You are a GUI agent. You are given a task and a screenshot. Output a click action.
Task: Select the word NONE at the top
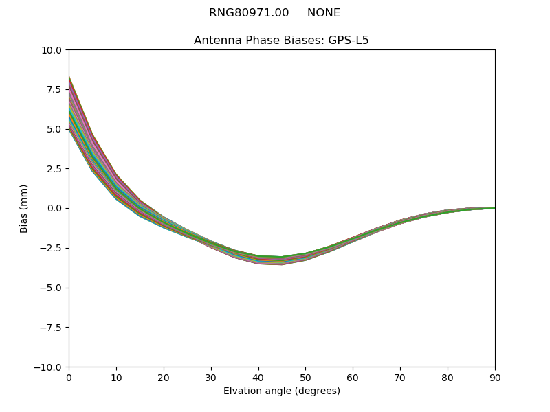324,13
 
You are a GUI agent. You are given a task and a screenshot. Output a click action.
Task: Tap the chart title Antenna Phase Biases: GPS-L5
281,41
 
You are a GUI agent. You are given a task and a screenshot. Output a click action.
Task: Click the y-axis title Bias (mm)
24,208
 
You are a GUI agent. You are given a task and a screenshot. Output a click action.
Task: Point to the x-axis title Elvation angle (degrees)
281,391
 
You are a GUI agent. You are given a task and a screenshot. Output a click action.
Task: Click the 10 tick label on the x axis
116,378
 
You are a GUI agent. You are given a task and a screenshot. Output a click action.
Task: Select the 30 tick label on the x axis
211,378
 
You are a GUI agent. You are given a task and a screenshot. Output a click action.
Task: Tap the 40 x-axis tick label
258,378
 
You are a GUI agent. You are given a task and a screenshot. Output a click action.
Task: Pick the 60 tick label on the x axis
353,378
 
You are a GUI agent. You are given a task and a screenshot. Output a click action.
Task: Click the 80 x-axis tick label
448,378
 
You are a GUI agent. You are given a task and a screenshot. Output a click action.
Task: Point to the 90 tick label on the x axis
494,378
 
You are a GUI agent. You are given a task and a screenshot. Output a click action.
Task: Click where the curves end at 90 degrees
494,208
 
